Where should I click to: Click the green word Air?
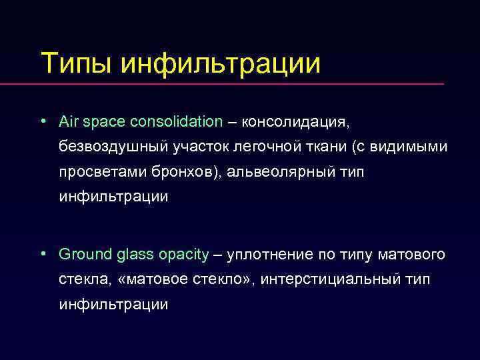pos(69,122)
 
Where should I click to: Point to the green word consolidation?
pos(181,122)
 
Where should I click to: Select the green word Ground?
pos(83,255)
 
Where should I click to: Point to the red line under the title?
pos(240,85)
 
